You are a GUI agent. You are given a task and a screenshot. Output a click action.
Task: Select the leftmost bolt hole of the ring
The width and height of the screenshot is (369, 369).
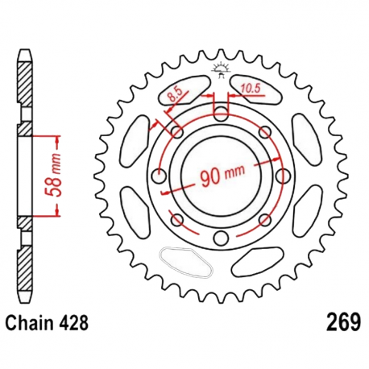click(160, 175)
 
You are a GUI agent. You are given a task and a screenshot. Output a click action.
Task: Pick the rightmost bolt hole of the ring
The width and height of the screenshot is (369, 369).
click(281, 175)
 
